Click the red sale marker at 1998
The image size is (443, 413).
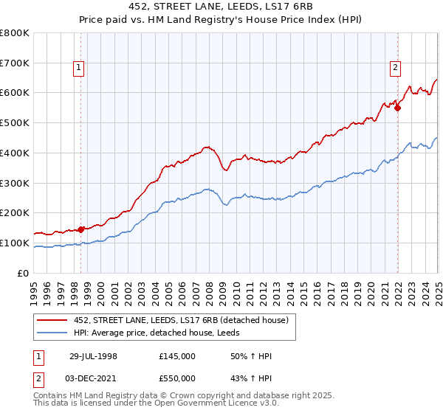(81, 229)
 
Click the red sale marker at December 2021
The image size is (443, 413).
(397, 108)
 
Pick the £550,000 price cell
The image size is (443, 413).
(177, 378)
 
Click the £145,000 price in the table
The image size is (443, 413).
(177, 356)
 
